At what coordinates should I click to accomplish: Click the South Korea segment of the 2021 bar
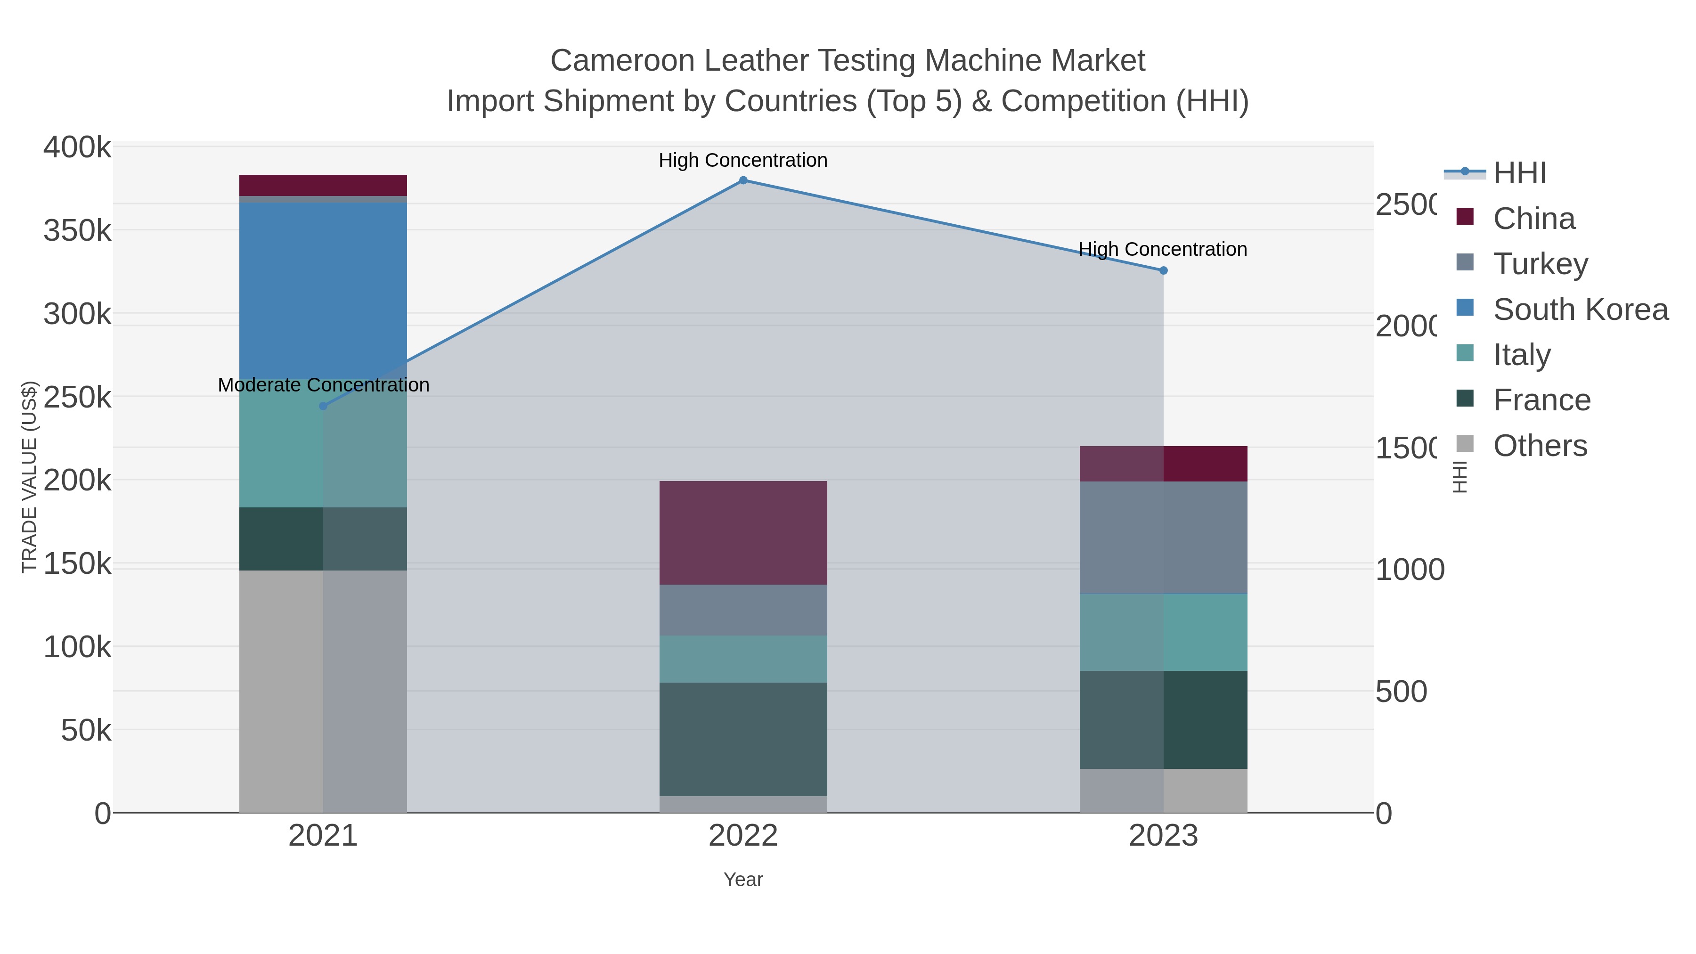pyautogui.click(x=323, y=290)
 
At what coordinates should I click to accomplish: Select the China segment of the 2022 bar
pyautogui.click(x=742, y=533)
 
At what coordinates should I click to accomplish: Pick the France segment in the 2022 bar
pyautogui.click(x=742, y=739)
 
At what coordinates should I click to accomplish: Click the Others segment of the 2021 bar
pyautogui.click(x=323, y=691)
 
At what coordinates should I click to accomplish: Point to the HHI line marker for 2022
pyautogui.click(x=742, y=180)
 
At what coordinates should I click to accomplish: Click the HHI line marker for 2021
pyautogui.click(x=323, y=406)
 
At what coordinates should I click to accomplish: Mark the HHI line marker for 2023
pyautogui.click(x=1163, y=270)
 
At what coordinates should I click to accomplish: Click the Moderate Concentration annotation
pyautogui.click(x=323, y=385)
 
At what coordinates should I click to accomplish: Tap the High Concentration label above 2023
pyautogui.click(x=1163, y=250)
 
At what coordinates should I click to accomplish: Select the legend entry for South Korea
pyautogui.click(x=1580, y=310)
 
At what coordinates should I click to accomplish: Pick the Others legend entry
pyautogui.click(x=1539, y=446)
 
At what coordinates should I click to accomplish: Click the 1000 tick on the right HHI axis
pyautogui.click(x=1410, y=570)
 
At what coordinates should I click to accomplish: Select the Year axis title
pyautogui.click(x=742, y=880)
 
